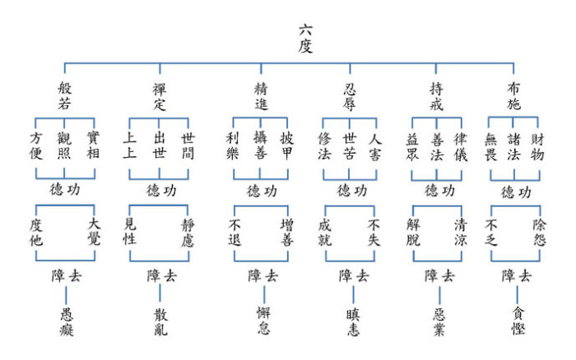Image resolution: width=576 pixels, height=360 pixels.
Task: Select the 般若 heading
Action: tap(64, 97)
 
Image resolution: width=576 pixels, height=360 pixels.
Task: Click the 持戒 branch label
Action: tap(437, 97)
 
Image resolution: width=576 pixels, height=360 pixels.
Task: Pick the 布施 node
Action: tap(515, 97)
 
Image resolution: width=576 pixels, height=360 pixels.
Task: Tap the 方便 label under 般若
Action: tap(36, 146)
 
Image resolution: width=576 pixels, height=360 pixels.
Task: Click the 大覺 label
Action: tap(93, 231)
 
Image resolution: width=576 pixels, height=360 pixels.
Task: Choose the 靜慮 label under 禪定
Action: tap(188, 231)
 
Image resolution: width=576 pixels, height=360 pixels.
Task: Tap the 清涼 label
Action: tap(461, 231)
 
